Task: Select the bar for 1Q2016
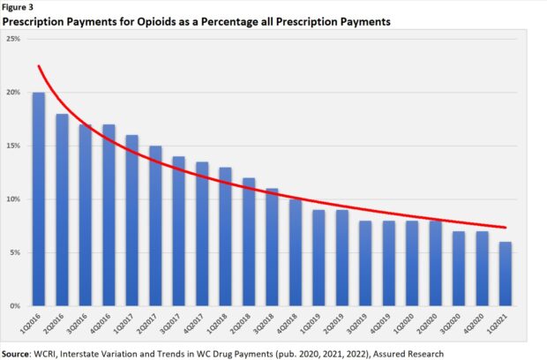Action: pyautogui.click(x=39, y=199)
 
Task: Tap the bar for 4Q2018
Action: pyautogui.click(x=295, y=252)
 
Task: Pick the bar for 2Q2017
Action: pyautogui.click(x=154, y=226)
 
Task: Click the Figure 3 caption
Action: pyautogui.click(x=19, y=7)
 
